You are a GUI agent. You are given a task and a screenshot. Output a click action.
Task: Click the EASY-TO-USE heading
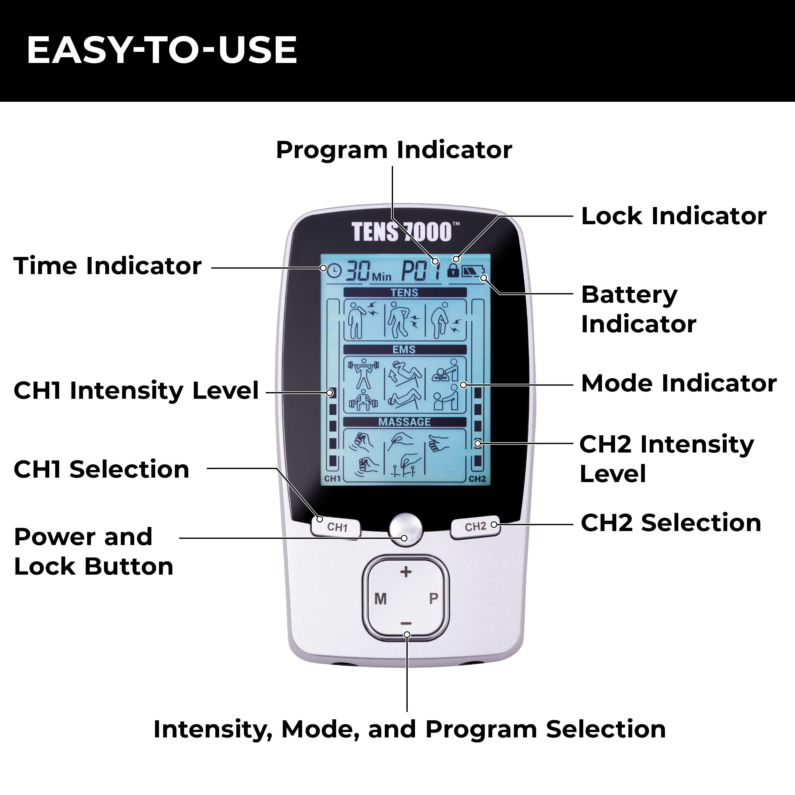(162, 50)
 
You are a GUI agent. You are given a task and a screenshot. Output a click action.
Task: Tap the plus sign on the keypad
(406, 571)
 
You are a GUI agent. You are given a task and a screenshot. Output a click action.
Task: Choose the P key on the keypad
(433, 598)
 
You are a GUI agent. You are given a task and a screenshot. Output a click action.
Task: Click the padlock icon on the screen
(453, 270)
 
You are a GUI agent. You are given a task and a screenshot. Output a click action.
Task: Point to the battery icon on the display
(473, 271)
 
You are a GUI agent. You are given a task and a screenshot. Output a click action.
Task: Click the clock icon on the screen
(335, 270)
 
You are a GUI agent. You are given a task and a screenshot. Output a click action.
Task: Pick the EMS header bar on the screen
(405, 349)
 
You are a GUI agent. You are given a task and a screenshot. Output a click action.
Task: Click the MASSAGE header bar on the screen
(405, 422)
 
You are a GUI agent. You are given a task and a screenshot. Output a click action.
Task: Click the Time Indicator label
(107, 266)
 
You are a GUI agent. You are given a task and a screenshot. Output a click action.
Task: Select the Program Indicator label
(394, 150)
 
